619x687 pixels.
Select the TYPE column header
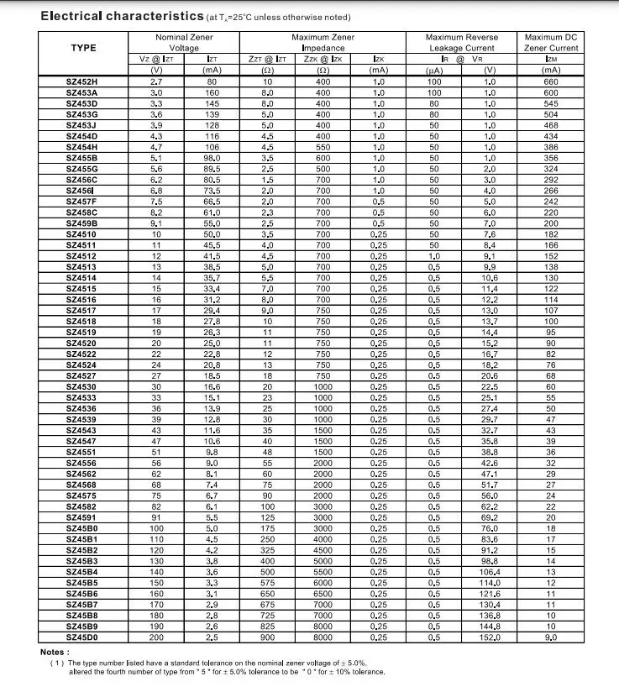(x=82, y=48)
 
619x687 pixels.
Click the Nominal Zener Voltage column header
(x=184, y=43)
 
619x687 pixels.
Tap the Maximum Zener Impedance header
(x=323, y=43)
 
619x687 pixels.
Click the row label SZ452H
(x=82, y=81)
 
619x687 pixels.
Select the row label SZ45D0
(x=82, y=637)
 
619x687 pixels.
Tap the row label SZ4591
(x=82, y=517)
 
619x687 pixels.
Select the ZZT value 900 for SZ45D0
(x=267, y=637)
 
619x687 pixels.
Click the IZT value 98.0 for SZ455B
(x=212, y=158)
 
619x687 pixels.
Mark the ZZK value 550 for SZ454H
(x=323, y=147)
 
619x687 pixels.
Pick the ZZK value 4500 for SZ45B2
(x=323, y=550)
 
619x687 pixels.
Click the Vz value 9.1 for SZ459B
(x=156, y=223)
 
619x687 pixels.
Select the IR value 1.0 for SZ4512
(x=433, y=256)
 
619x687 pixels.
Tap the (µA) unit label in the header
(x=433, y=71)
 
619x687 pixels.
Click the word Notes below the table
(x=55, y=652)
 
